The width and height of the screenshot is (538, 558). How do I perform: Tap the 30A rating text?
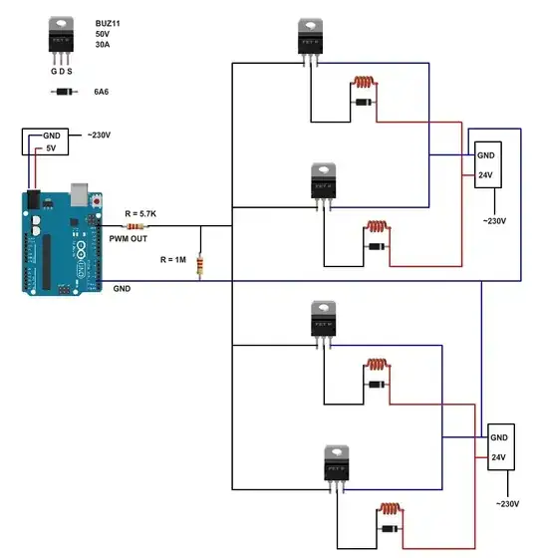[x=103, y=46]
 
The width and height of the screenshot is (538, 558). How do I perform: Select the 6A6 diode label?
[x=102, y=92]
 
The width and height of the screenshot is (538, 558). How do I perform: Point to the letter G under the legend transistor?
[x=54, y=71]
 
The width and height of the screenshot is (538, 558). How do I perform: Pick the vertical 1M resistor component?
[x=201, y=265]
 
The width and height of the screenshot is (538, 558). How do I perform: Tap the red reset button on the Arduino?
[x=97, y=202]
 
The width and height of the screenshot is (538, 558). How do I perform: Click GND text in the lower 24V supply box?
[x=499, y=438]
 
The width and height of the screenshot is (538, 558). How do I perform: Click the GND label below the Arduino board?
[x=122, y=288]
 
